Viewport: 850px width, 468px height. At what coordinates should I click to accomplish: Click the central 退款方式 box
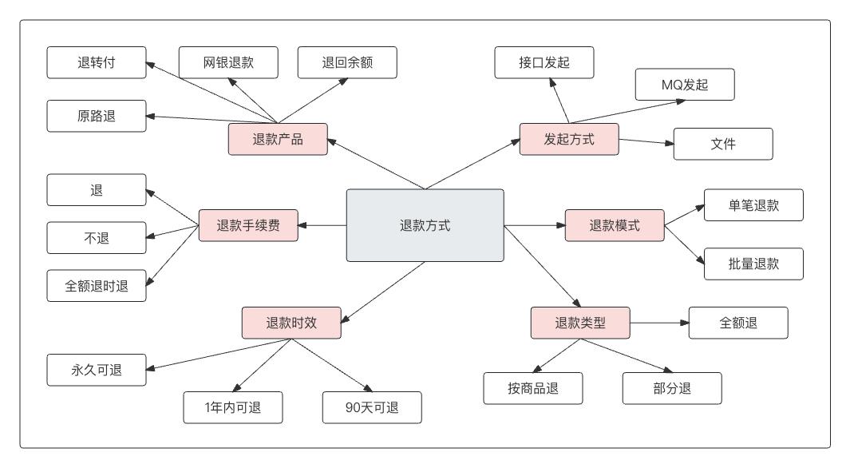425,225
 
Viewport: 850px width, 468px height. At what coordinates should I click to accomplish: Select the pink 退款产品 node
278,139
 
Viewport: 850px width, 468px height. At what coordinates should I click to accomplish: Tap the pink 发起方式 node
569,139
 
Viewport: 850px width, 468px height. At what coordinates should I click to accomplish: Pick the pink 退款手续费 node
247,225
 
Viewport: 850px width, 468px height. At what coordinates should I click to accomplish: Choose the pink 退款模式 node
615,225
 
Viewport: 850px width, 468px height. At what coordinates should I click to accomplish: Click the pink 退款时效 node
291,323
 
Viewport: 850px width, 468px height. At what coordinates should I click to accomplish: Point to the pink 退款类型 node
580,323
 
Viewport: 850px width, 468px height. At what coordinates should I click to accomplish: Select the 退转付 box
97,62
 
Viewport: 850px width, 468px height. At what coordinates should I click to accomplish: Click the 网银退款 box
227,62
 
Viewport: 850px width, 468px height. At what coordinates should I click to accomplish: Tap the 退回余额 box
347,62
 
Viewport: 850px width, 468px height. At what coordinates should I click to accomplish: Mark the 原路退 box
97,115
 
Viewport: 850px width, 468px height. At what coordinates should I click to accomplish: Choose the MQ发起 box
685,85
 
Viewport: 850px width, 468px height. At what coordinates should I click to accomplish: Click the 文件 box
723,144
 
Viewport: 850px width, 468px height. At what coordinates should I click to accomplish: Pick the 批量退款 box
753,264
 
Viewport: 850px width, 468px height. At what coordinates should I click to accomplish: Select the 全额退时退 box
97,287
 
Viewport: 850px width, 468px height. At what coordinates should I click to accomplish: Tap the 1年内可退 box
232,408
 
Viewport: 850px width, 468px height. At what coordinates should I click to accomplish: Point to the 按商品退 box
533,388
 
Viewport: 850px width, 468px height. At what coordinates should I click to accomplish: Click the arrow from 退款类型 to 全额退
658,323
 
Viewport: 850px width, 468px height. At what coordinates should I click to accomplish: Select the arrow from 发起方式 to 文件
646,142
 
